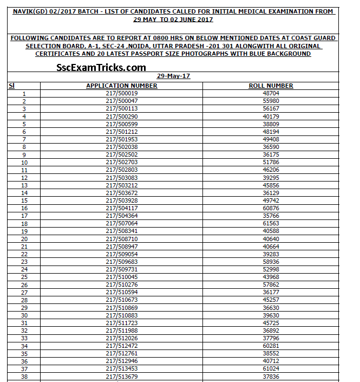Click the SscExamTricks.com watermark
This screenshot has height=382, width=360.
click(x=101, y=68)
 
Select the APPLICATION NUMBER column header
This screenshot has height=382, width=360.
click(x=122, y=86)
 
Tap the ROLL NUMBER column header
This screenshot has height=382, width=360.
click(x=271, y=86)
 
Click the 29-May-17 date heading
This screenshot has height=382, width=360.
click(x=173, y=76)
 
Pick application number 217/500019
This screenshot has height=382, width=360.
click(x=122, y=93)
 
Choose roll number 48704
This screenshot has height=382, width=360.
click(x=271, y=93)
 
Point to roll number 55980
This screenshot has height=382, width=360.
click(x=271, y=101)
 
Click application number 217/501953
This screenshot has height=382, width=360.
click(x=122, y=139)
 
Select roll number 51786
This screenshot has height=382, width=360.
click(x=271, y=162)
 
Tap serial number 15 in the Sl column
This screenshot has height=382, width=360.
click(x=24, y=200)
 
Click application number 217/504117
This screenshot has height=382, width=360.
click(x=122, y=208)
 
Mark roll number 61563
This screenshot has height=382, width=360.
click(x=271, y=223)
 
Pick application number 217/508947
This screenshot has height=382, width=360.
click(x=122, y=247)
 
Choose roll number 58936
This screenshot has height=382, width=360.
click(x=271, y=262)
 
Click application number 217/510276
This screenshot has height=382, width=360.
click(x=122, y=284)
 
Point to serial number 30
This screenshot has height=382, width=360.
click(x=24, y=315)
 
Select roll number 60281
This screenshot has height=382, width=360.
click(x=271, y=346)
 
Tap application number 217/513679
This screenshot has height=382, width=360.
click(x=122, y=377)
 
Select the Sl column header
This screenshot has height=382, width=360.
click(x=11, y=86)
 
